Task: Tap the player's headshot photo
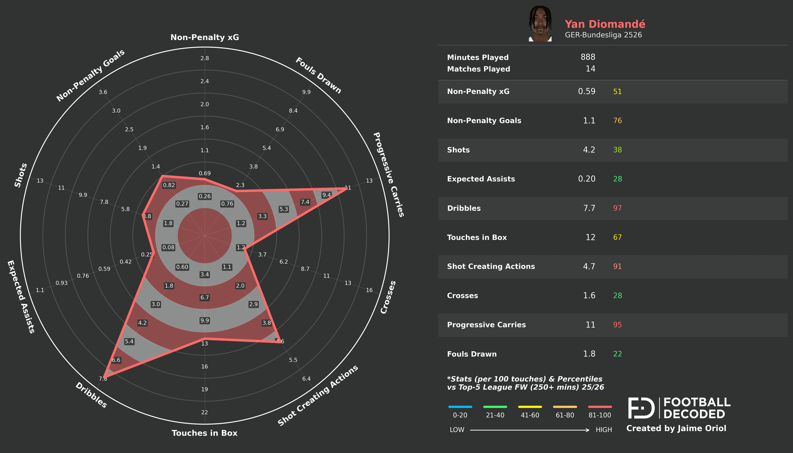(x=540, y=24)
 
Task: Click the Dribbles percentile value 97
(x=617, y=208)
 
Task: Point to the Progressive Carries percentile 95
(x=617, y=325)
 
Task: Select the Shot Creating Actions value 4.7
(x=589, y=267)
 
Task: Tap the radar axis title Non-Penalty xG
(x=204, y=37)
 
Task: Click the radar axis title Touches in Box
(x=204, y=433)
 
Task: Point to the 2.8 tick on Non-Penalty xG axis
(x=204, y=58)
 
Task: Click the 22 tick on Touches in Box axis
(x=204, y=412)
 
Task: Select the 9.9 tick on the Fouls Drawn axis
(x=306, y=92)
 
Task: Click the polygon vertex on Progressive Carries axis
(x=346, y=188)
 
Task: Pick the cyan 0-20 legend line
(x=460, y=407)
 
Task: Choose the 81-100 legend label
(x=599, y=415)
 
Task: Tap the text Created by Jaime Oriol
(x=676, y=428)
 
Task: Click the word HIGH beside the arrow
(x=603, y=430)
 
